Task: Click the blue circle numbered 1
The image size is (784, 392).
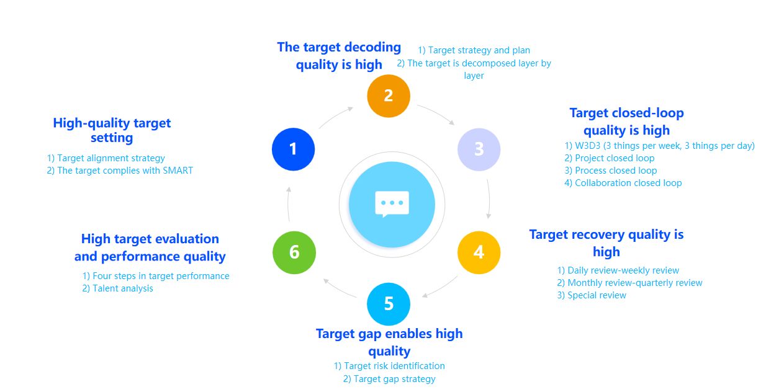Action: pos(294,149)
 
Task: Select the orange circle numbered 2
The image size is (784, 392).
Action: pos(389,96)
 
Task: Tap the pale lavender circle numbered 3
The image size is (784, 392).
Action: pos(479,149)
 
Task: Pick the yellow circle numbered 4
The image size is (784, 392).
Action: pos(479,252)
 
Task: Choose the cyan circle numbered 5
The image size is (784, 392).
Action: pos(389,304)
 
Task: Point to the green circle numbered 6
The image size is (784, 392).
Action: pos(294,252)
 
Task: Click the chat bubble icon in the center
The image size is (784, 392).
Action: pos(392,204)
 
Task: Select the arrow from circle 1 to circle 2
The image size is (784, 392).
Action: pos(335,117)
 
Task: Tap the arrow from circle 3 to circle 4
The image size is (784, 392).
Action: pos(489,199)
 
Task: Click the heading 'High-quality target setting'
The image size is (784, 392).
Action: pos(112,130)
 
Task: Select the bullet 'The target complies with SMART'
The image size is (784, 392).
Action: pos(120,171)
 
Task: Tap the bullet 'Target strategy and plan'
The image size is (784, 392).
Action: pos(474,50)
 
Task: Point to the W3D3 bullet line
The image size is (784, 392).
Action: pos(659,146)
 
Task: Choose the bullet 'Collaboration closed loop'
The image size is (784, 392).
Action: pos(623,183)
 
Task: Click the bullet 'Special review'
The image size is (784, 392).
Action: pos(592,295)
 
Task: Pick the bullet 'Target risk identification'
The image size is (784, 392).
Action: pos(389,366)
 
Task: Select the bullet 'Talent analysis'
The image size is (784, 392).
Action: pos(117,288)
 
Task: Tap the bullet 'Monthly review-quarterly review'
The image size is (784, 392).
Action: pos(629,283)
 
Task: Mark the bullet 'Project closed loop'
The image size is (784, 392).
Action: pos(609,158)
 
